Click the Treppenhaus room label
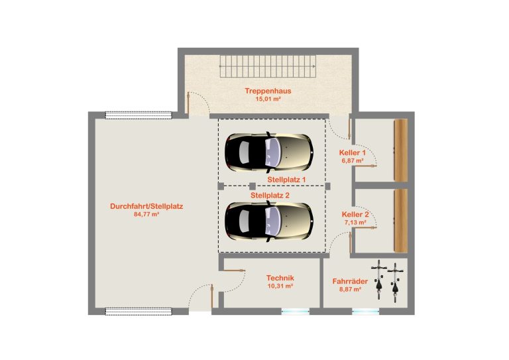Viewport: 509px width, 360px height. pyautogui.click(x=268, y=91)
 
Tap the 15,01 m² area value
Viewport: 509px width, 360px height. pyautogui.click(x=268, y=99)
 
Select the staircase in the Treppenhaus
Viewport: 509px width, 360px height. pyautogui.click(x=268, y=66)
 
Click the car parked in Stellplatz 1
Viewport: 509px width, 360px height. pyautogui.click(x=269, y=152)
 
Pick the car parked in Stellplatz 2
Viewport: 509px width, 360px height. pyautogui.click(x=269, y=221)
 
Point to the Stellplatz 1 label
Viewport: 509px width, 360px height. pyautogui.click(x=286, y=180)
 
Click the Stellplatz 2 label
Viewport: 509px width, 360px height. pyautogui.click(x=270, y=196)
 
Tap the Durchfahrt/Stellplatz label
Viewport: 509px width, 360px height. pyautogui.click(x=146, y=206)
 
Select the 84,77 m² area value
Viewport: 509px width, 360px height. pyautogui.click(x=146, y=214)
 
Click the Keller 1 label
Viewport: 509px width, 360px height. pyautogui.click(x=352, y=152)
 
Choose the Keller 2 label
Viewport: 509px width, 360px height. pyautogui.click(x=355, y=215)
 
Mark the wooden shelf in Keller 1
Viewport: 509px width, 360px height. pyautogui.click(x=401, y=150)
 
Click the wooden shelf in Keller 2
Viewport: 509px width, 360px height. pyautogui.click(x=401, y=221)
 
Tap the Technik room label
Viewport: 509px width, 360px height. pyautogui.click(x=280, y=278)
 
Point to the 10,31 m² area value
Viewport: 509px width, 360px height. pyautogui.click(x=280, y=286)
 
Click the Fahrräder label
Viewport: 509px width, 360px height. pyautogui.click(x=350, y=281)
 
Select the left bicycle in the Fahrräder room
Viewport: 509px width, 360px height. pyautogui.click(x=379, y=280)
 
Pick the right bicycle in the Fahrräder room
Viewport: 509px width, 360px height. pyautogui.click(x=395, y=282)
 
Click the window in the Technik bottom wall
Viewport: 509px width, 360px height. pyautogui.click(x=295, y=312)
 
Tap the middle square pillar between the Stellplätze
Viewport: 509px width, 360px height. pyautogui.click(x=253, y=186)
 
